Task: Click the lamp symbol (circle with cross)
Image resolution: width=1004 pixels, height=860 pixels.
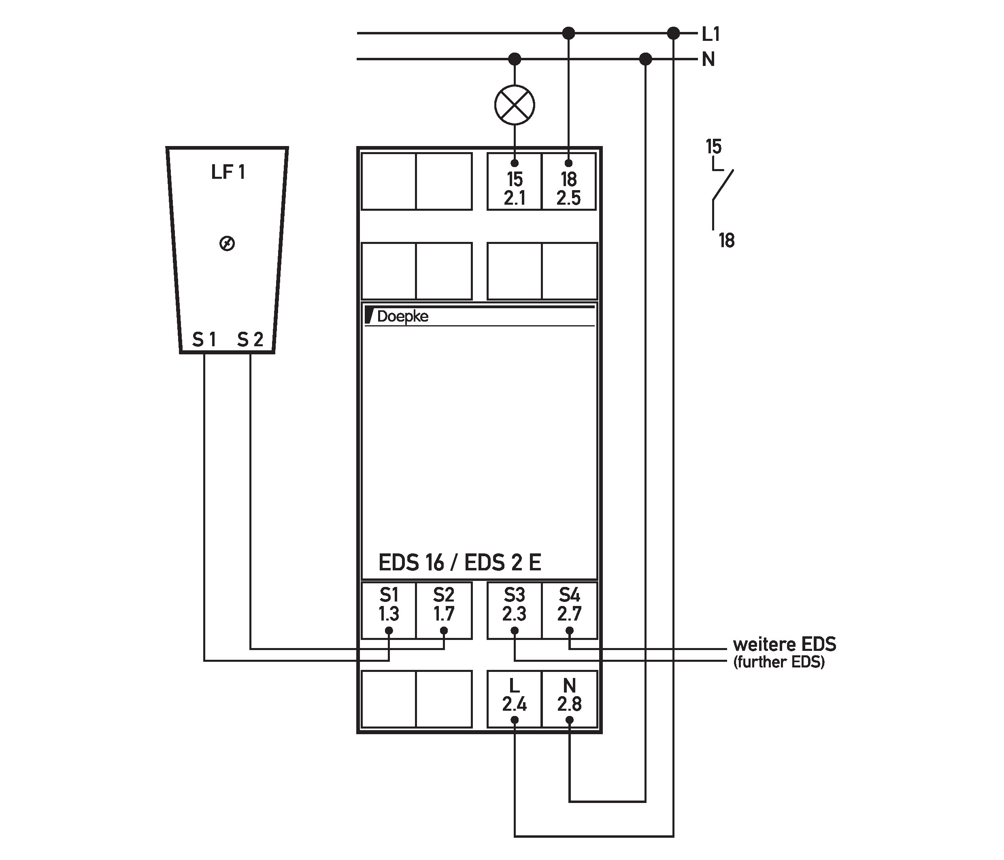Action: tap(515, 105)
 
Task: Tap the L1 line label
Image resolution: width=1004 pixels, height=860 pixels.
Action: tap(711, 34)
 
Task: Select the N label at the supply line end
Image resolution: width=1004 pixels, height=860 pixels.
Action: tap(708, 59)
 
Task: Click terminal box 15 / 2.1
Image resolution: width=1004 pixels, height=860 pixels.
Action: tap(514, 182)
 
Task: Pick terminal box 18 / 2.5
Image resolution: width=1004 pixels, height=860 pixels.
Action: tap(569, 182)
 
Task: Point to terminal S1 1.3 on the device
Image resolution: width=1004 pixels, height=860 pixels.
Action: tap(389, 611)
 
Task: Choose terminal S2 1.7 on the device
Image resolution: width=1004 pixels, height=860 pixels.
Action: tap(444, 611)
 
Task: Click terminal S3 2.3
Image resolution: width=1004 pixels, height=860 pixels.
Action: tap(514, 611)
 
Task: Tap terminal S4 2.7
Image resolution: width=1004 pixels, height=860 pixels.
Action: tap(569, 611)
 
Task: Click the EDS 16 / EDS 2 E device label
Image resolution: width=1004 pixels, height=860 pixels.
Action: tap(459, 562)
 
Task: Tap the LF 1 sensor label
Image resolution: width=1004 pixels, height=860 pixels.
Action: tap(228, 172)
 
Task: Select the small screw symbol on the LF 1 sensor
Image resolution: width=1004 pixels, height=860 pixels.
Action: tap(227, 244)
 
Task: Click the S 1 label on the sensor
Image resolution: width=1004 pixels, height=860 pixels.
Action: tap(204, 339)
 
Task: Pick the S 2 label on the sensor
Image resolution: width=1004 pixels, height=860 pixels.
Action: tap(250, 339)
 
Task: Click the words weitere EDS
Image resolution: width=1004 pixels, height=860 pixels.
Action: tap(785, 644)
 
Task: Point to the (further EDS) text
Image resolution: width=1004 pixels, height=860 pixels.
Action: tap(779, 662)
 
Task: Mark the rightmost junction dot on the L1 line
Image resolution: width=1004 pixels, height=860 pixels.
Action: tap(674, 34)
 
